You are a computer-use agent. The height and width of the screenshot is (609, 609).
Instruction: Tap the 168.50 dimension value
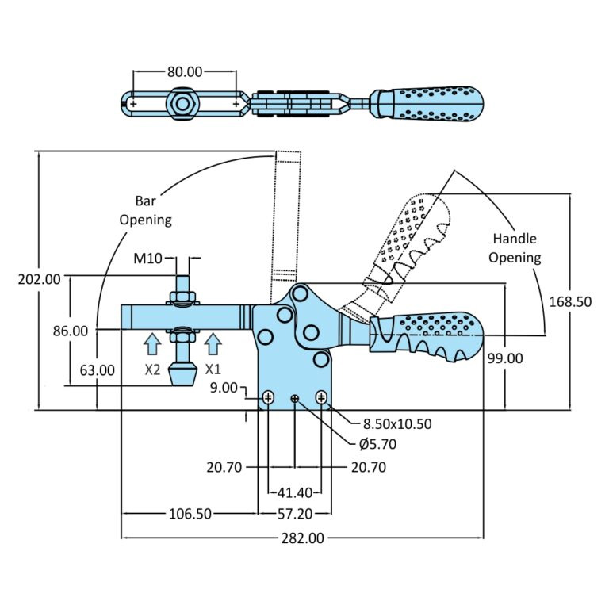pyautogui.click(x=569, y=301)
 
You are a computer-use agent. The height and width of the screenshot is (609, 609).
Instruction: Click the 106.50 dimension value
pyautogui.click(x=190, y=514)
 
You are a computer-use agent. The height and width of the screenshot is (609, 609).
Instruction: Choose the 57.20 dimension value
pyautogui.click(x=294, y=514)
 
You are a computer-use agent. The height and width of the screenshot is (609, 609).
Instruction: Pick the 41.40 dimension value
pyautogui.click(x=294, y=492)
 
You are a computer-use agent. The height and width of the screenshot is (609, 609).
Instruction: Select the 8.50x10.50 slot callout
pyautogui.click(x=397, y=423)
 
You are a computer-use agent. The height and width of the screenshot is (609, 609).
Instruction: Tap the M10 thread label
pyautogui.click(x=147, y=258)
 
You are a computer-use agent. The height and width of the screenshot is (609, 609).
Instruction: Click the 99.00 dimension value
pyautogui.click(x=505, y=358)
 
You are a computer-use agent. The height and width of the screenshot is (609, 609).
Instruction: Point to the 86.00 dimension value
pyautogui.click(x=71, y=331)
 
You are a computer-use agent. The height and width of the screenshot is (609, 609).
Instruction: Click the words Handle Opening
pyautogui.click(x=515, y=247)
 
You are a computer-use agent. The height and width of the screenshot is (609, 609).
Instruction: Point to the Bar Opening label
pyautogui.click(x=145, y=210)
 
